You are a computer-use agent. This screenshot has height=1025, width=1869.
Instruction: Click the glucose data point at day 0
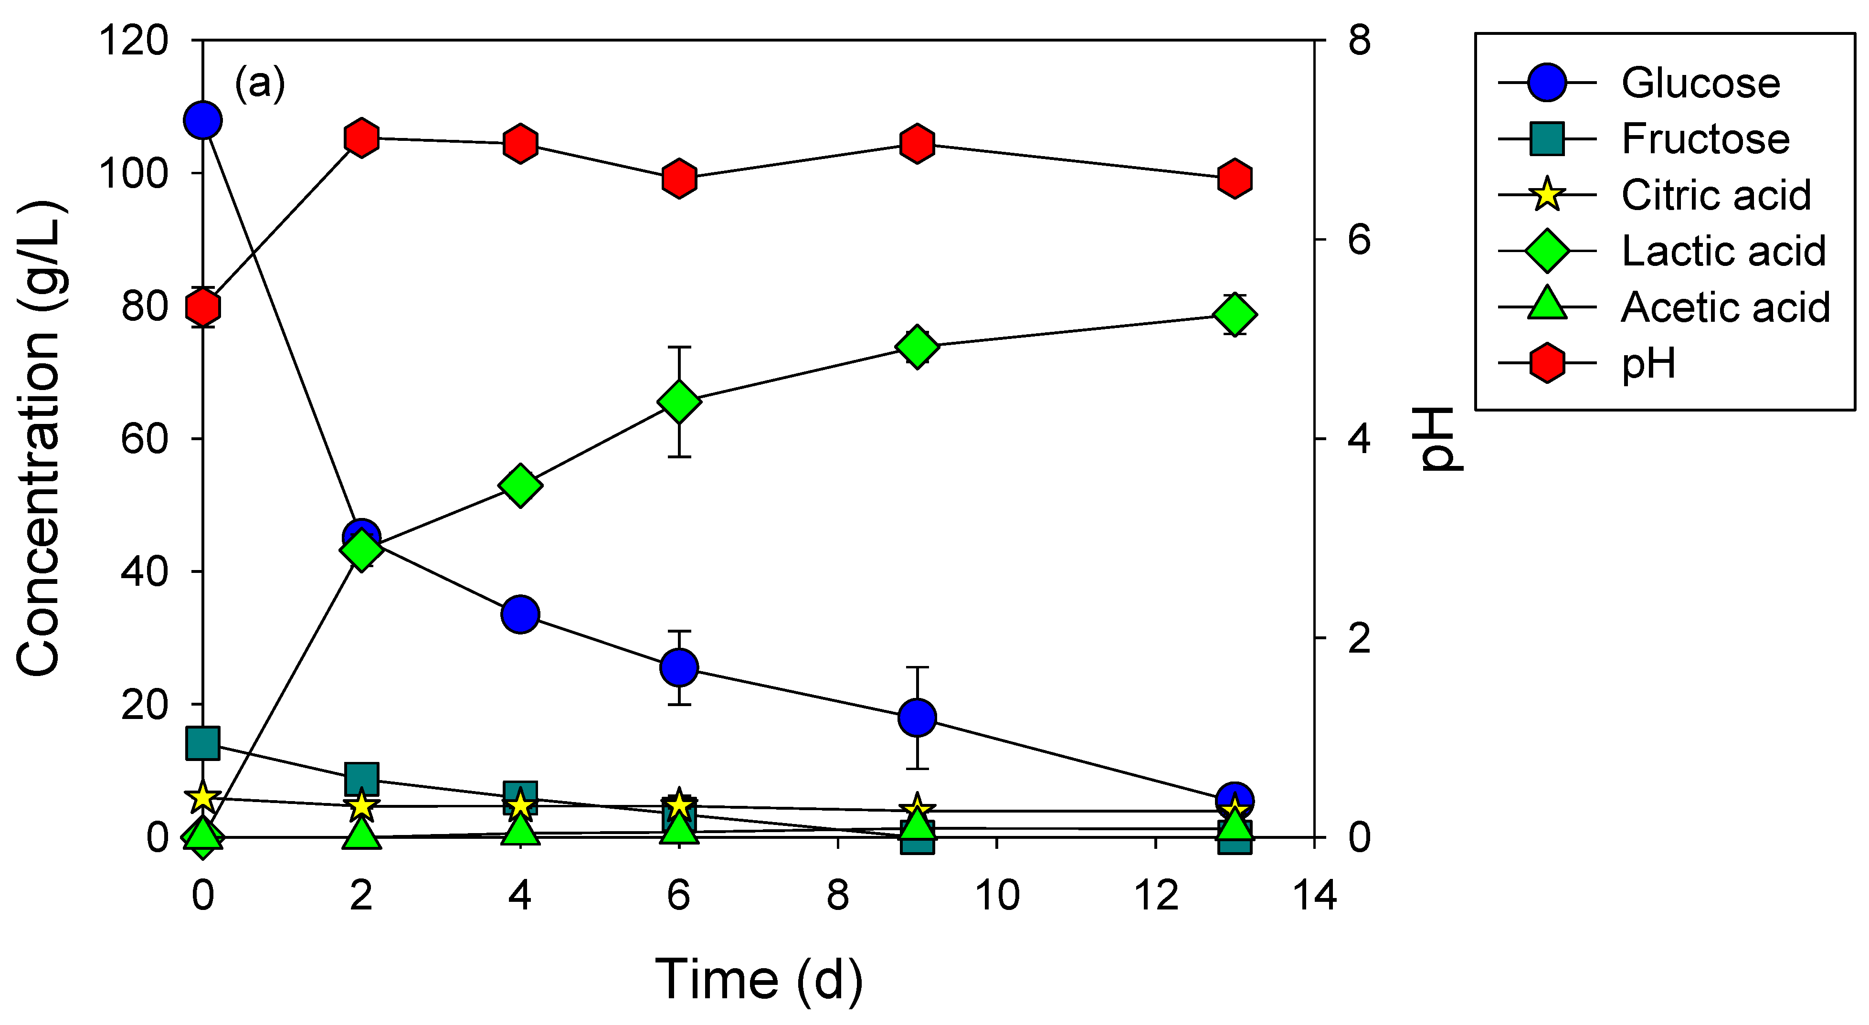203,120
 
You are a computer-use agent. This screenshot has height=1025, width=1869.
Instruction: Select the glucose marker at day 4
520,614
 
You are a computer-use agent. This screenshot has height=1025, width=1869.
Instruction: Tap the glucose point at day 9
917,718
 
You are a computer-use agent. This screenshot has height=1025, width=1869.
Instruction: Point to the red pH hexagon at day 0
203,307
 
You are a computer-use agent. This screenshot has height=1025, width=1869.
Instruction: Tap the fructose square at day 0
203,743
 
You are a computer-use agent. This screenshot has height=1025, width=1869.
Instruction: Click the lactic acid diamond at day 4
520,486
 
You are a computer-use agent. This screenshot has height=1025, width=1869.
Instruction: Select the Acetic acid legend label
1725,307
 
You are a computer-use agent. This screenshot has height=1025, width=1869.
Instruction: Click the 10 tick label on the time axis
997,896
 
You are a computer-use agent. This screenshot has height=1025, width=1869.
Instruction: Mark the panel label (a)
259,84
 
